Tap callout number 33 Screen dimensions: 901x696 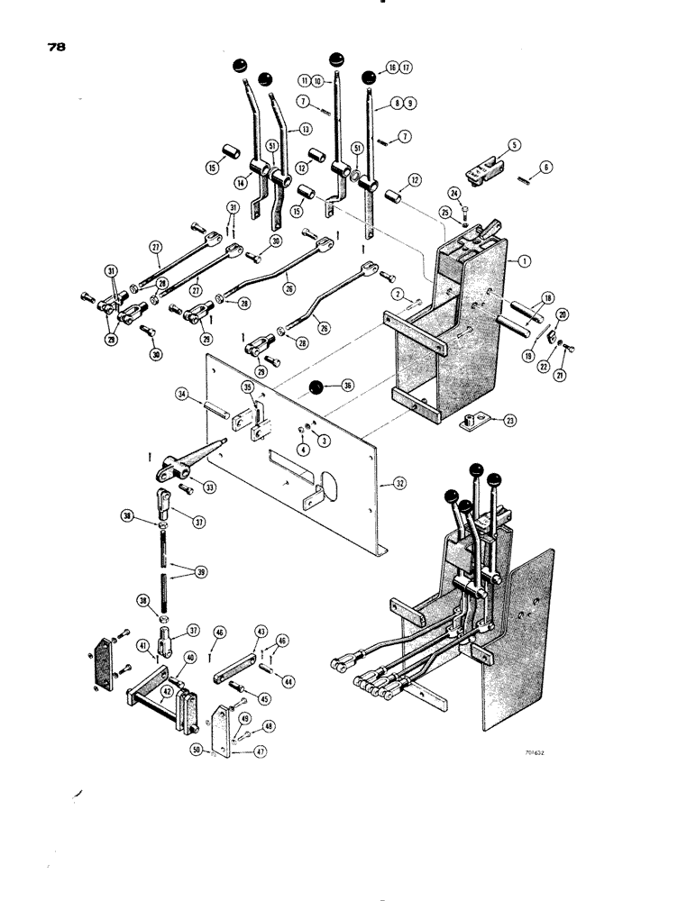(x=211, y=487)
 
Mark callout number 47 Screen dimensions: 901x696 (x=260, y=750)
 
